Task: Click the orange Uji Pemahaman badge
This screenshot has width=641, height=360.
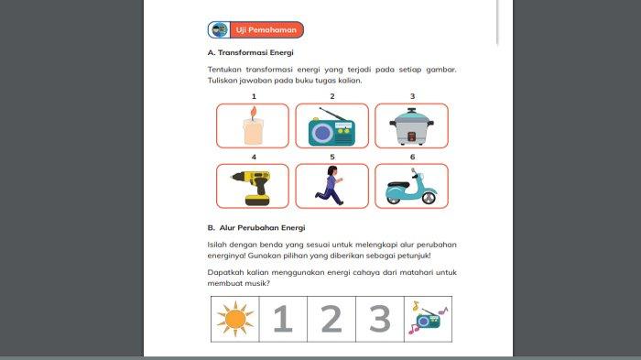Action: [255, 30]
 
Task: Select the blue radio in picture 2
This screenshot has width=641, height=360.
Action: [331, 129]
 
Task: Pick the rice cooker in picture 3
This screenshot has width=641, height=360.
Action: [411, 128]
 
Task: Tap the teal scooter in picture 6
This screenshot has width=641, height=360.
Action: [411, 189]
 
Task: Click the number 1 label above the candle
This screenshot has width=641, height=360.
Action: [253, 96]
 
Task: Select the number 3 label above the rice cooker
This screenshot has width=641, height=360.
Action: [412, 96]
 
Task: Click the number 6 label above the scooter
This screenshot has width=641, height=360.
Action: [412, 157]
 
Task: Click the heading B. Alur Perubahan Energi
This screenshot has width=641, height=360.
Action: [256, 226]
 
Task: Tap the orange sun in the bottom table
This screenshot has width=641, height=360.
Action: [234, 319]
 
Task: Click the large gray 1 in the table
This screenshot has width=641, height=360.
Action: [283, 319]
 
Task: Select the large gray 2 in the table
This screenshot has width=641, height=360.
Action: [331, 319]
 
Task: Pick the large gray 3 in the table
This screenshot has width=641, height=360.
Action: [379, 319]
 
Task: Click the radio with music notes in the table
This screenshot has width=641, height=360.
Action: [427, 319]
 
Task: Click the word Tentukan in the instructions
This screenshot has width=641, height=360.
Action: [226, 70]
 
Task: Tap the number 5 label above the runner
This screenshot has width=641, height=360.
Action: [331, 157]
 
